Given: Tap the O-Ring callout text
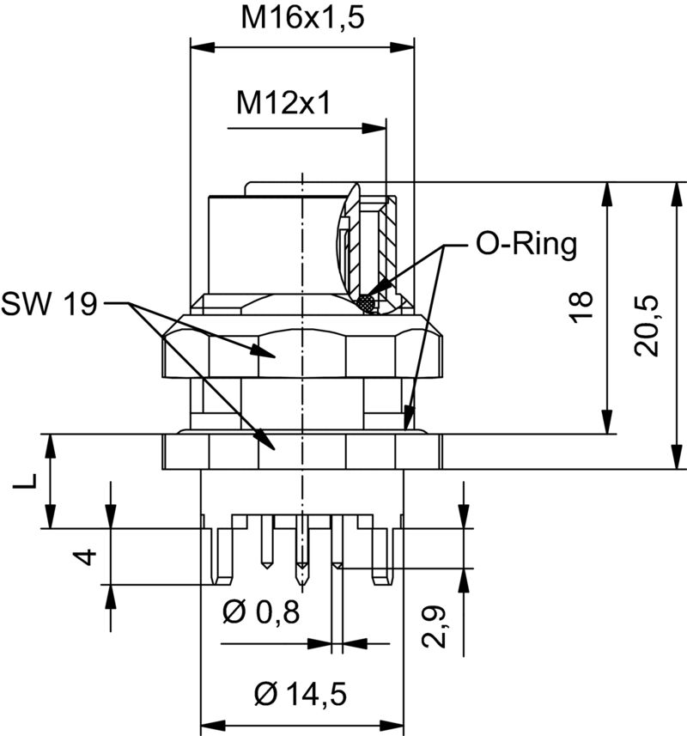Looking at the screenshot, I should (526, 245).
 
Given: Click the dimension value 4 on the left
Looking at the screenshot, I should (83, 557).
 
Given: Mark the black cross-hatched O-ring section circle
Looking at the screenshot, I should (368, 303).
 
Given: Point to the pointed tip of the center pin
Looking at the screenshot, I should (301, 574).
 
